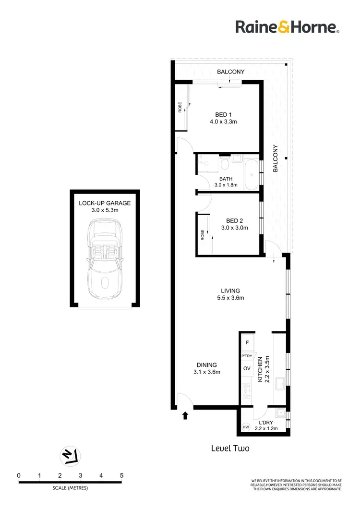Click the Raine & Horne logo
click(x=287, y=27)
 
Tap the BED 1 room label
click(x=223, y=114)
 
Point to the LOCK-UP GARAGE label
click(x=104, y=203)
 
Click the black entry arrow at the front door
click(x=185, y=415)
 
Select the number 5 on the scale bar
click(x=121, y=475)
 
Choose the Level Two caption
click(x=230, y=448)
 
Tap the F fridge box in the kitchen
click(x=247, y=343)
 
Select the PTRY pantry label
click(x=247, y=356)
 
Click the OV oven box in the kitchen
click(x=247, y=368)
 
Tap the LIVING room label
click(x=230, y=291)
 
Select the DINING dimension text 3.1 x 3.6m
click(x=206, y=372)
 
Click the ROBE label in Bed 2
click(x=203, y=235)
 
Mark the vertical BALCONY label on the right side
click(x=276, y=158)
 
